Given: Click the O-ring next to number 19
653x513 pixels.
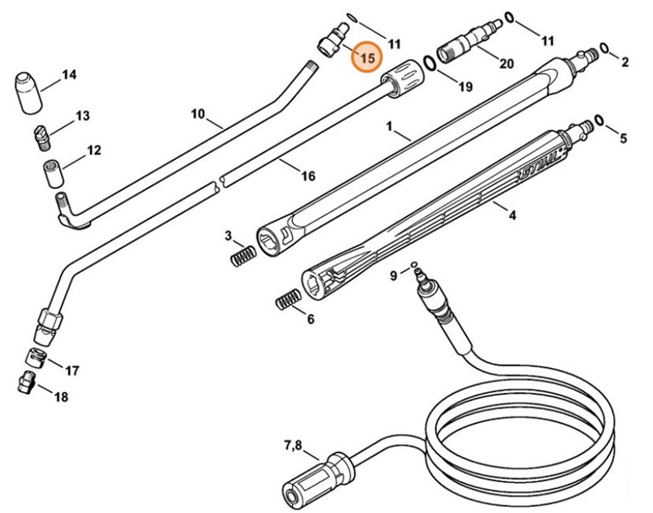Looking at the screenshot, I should point(430,64).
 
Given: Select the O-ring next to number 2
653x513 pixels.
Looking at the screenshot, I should point(604,48).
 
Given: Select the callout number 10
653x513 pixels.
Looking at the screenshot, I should point(198,114).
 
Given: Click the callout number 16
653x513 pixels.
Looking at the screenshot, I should point(308,176).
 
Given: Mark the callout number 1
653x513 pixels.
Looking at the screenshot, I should point(389,127).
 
